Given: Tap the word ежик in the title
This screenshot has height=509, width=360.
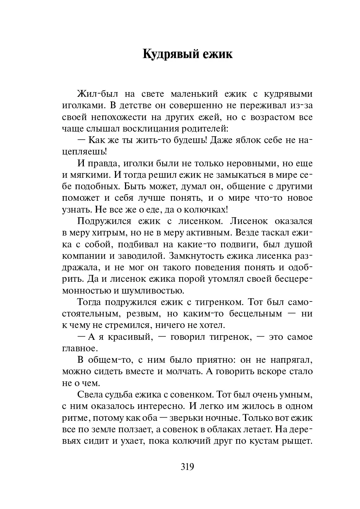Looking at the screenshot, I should coord(217,54).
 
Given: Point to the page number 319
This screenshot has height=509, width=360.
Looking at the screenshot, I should coord(187,467).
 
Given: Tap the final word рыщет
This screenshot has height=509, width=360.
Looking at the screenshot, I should coord(297,441).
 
